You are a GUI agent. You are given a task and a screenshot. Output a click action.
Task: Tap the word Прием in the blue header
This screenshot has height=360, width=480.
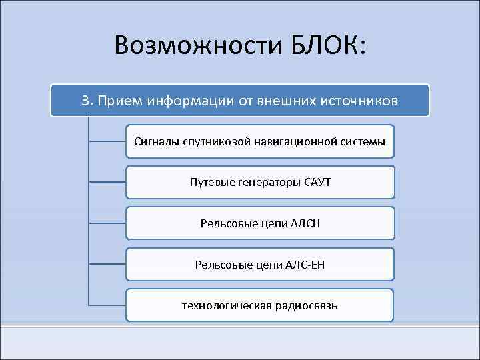click(x=117, y=101)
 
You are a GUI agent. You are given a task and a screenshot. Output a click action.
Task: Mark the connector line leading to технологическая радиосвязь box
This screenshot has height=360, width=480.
click(x=107, y=305)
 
